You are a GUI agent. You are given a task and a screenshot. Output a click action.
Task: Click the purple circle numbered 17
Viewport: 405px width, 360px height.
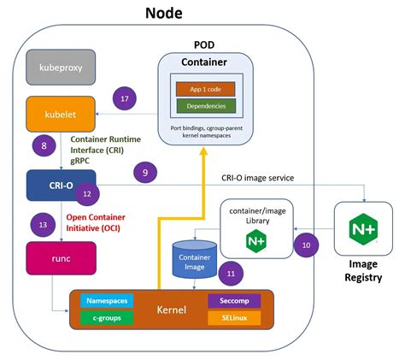(x=125, y=100)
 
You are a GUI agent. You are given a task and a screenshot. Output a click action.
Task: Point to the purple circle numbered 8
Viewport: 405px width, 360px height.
(x=44, y=146)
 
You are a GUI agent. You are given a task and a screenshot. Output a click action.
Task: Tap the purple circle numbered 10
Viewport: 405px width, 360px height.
(x=306, y=245)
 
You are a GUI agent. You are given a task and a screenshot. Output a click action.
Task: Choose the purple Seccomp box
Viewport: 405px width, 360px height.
(x=233, y=301)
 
